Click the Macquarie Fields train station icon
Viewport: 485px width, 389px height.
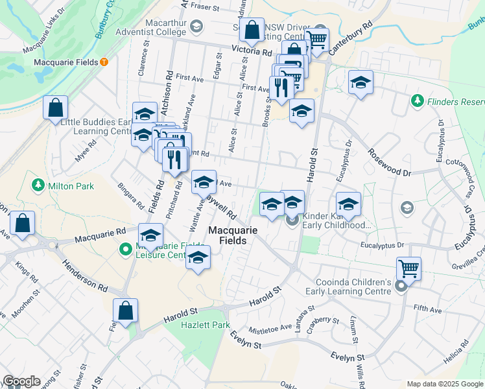(x=104, y=62)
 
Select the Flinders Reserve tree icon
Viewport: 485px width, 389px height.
(x=416, y=102)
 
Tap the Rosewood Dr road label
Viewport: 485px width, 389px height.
(x=390, y=163)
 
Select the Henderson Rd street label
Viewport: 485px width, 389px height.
(x=85, y=276)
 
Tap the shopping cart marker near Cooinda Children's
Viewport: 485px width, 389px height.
(x=408, y=267)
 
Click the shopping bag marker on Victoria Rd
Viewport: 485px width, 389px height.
(x=251, y=30)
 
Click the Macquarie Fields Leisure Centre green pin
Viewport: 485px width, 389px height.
(x=126, y=248)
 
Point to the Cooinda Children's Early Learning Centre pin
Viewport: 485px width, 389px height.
(x=401, y=286)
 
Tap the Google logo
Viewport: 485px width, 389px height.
(x=21, y=381)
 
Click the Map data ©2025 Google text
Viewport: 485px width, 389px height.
(x=445, y=384)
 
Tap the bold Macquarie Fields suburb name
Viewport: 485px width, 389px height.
(x=233, y=235)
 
